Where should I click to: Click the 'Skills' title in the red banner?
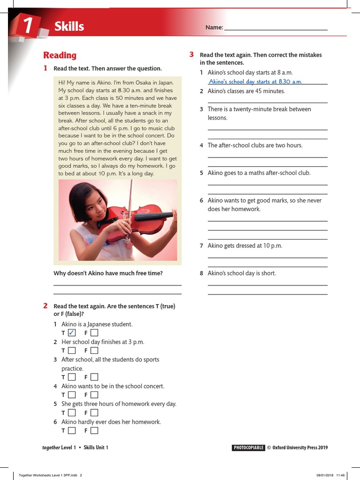(x=69, y=27)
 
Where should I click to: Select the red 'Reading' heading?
(x=60, y=55)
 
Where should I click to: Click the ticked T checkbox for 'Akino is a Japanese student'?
(x=71, y=333)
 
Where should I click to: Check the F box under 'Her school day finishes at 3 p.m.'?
(x=94, y=350)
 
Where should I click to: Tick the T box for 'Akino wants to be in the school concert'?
(x=71, y=395)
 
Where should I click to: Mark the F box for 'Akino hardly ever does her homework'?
(x=94, y=430)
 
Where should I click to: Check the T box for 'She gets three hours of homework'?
(x=71, y=412)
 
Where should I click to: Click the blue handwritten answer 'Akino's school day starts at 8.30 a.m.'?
(x=255, y=82)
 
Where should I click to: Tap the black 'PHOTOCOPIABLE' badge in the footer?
(x=248, y=448)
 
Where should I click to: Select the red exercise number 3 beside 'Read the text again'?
(x=192, y=55)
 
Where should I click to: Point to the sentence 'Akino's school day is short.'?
(x=242, y=273)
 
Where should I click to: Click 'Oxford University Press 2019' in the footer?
(x=300, y=448)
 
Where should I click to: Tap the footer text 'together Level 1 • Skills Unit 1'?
(x=75, y=448)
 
